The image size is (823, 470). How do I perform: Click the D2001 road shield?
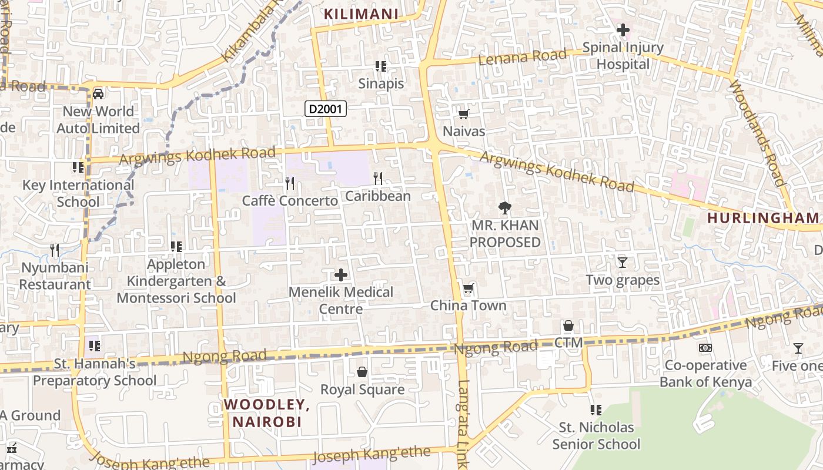326,109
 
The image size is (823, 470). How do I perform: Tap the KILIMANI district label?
362,14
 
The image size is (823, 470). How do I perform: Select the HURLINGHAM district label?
762,218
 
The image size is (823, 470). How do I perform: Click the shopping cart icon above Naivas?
464,115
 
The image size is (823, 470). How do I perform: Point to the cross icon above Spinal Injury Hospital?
623,29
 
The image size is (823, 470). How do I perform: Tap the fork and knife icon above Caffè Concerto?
290,183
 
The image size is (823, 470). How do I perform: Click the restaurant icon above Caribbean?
378,178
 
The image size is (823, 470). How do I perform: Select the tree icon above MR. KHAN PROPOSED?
504,207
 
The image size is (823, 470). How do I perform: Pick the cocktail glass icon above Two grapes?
623,262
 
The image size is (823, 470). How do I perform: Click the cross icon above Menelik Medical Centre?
341,274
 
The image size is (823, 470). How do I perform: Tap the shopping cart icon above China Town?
469,288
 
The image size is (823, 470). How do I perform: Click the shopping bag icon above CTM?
568,325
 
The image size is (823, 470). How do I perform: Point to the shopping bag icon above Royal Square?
362,372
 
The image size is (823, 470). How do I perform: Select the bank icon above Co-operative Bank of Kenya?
705,348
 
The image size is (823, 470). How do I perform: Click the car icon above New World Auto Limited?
98,94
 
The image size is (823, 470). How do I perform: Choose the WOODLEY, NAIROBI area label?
267,413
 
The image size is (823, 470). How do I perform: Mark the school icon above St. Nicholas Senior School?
596,409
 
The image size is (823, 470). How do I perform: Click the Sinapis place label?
381,83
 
